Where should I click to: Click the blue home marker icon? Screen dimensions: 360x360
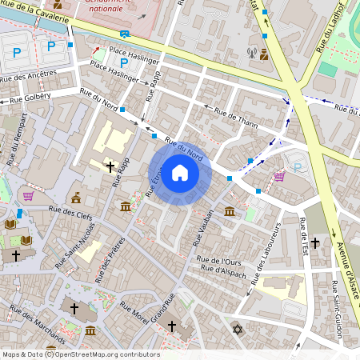point(180,172)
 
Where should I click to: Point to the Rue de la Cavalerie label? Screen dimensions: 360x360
point(40,10)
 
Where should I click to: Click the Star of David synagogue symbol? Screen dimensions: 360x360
point(236,329)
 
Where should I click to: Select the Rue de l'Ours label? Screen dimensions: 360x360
point(219,260)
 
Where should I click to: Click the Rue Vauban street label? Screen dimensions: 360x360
point(205,226)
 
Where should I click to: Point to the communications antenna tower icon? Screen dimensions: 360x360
point(251,55)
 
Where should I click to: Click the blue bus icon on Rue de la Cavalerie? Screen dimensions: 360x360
point(125,34)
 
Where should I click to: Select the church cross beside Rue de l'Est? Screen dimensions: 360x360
point(315,242)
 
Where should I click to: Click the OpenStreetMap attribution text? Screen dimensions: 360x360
point(80,354)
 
